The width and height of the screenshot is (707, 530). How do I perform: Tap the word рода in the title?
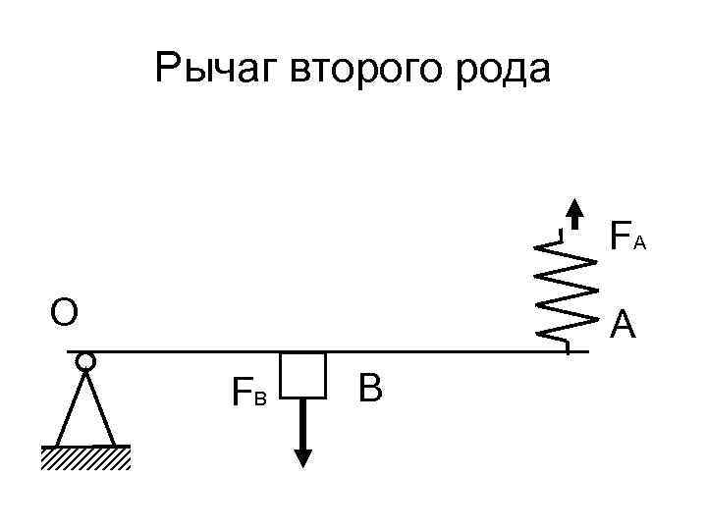point(505,70)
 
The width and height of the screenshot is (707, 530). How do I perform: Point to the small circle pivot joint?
point(85,362)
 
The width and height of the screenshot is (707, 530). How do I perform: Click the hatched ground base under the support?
point(85,458)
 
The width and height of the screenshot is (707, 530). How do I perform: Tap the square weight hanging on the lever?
point(302,375)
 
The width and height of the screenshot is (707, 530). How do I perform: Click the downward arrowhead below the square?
point(303,456)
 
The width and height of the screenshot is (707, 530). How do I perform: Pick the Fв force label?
point(247,394)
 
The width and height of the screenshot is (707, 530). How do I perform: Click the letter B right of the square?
point(370,389)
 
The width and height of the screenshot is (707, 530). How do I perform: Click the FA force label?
point(626,237)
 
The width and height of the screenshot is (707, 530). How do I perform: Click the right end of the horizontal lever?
point(585,350)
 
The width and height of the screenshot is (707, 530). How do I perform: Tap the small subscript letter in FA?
point(639,241)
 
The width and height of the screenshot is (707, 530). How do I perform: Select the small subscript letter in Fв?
point(260,398)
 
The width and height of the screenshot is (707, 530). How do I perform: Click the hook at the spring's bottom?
point(565,343)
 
